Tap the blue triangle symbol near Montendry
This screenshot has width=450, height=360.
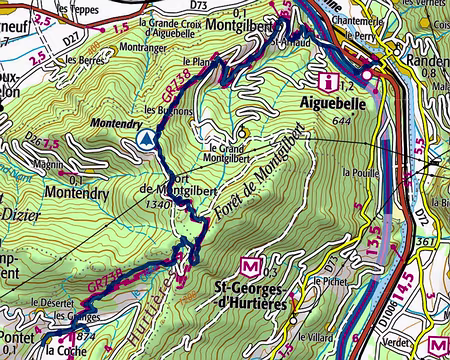(x=147, y=139)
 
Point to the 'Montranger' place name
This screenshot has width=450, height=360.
(x=141, y=47)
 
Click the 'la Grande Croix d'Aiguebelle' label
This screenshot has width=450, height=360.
(x=185, y=27)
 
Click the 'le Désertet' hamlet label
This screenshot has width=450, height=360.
(x=47, y=303)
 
